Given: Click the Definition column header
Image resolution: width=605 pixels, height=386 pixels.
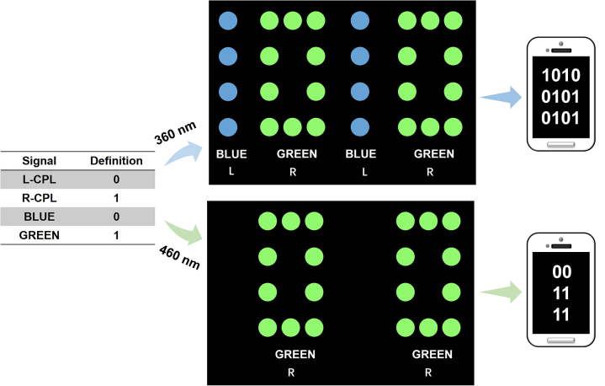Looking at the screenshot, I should [116, 160].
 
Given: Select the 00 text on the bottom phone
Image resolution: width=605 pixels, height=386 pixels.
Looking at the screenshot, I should [561, 273].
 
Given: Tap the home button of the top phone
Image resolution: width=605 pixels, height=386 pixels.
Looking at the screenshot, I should [561, 144].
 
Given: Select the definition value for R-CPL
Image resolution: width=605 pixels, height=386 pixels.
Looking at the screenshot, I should [116, 197].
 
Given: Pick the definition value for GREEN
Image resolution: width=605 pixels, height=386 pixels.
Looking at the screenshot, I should [116, 234].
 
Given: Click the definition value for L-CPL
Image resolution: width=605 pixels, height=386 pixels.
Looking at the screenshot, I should [116, 179].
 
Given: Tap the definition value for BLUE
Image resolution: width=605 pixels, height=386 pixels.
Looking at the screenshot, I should [116, 216].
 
